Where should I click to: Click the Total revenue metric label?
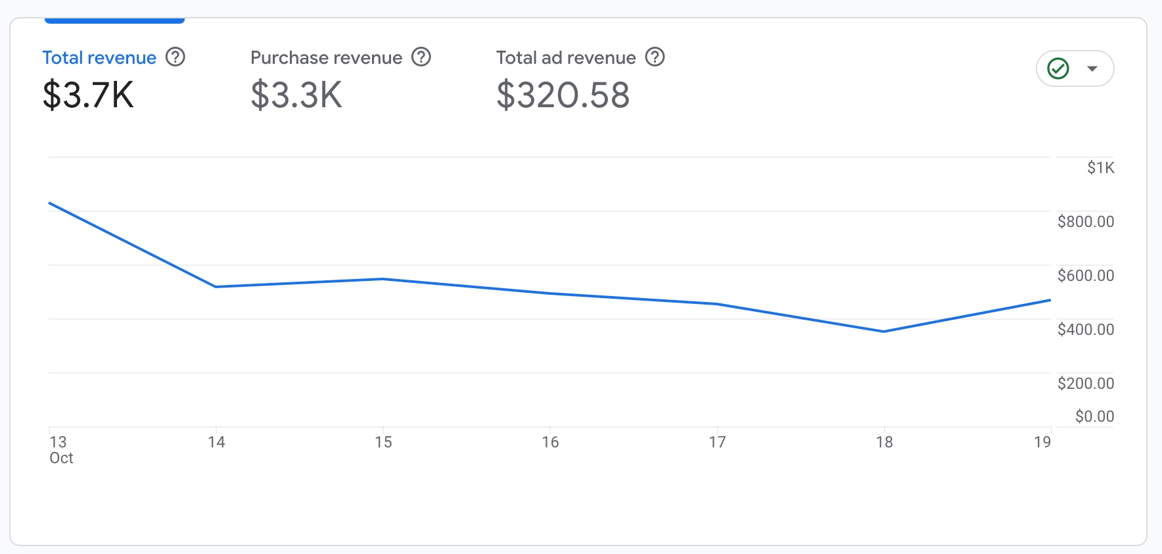(99, 58)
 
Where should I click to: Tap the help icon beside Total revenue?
(175, 57)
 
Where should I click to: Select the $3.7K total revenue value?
(88, 95)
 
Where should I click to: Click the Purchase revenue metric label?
(326, 58)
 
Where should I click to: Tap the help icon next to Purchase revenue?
(421, 57)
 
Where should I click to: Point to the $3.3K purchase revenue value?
(296, 95)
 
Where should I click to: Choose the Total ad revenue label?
(566, 58)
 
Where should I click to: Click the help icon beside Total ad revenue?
(655, 57)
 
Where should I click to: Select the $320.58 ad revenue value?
(563, 95)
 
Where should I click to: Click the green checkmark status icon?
(1058, 68)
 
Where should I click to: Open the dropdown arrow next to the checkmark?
(1092, 68)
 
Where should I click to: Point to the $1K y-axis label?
(1101, 168)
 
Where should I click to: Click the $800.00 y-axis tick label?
(1086, 222)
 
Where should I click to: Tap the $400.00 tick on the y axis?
(1086, 330)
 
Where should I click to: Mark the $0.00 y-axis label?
(1094, 416)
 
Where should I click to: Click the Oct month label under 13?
(61, 459)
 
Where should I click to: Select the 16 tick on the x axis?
(550, 442)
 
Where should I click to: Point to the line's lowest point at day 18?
(884, 332)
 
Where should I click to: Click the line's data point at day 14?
(216, 287)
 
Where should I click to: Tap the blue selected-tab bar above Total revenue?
(114, 21)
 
